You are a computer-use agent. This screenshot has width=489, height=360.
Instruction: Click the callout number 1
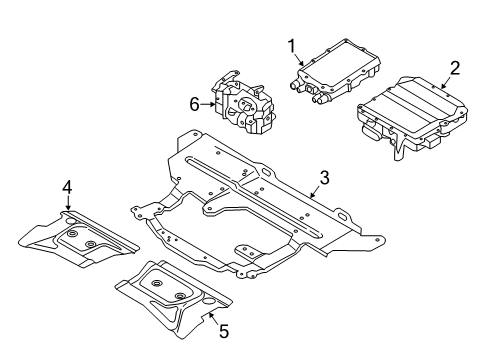click(x=293, y=45)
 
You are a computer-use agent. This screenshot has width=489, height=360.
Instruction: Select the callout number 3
click(x=324, y=178)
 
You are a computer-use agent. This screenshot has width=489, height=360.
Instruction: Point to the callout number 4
click(x=67, y=186)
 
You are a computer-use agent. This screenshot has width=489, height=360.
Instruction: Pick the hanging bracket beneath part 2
click(x=401, y=142)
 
